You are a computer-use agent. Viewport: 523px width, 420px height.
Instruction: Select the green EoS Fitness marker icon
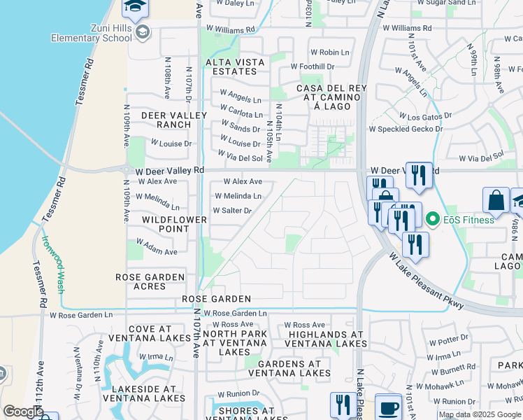pos(432,220)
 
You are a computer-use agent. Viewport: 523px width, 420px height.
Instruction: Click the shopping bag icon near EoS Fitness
pos(495,200)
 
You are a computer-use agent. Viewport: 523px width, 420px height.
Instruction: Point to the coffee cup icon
pos(388,407)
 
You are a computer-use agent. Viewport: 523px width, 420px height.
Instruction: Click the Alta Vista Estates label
pos(235,66)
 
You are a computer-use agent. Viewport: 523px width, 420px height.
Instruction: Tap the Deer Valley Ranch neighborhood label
pos(174,120)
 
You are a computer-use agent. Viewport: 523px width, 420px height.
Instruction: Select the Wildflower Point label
pos(166,224)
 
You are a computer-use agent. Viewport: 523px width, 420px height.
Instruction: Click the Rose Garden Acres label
pos(150,282)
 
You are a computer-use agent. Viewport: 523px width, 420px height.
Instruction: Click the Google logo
pos(22,412)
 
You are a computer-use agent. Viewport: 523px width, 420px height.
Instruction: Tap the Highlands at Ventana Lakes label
pos(327,339)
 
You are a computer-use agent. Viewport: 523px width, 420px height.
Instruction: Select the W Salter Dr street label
pos(232,210)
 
